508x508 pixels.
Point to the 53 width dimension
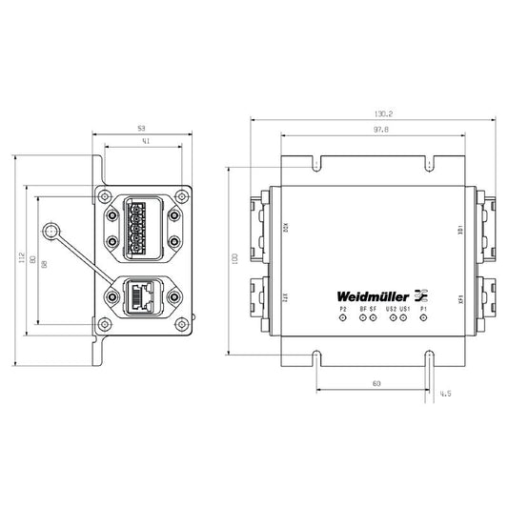(x=141, y=127)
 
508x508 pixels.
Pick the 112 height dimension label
(x=18, y=259)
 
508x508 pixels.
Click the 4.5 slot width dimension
(x=446, y=391)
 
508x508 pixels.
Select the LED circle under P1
(x=422, y=318)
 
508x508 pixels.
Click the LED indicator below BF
(x=362, y=318)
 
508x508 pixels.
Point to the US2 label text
(x=391, y=309)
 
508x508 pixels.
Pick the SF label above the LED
(x=374, y=309)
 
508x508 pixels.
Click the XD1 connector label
(x=461, y=231)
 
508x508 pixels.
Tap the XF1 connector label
(x=461, y=297)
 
